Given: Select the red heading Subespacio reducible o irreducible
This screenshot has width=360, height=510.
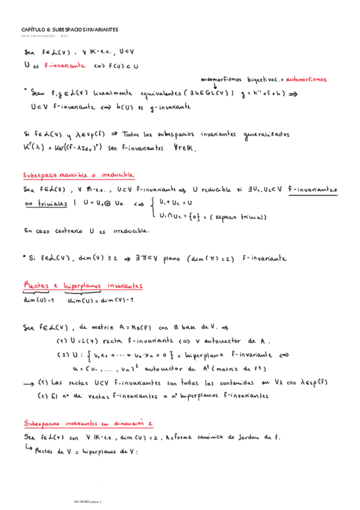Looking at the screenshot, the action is click(x=78, y=174).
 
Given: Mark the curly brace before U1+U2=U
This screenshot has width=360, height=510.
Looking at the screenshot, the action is click(x=154, y=210).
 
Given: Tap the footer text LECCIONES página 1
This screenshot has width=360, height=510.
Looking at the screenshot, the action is click(x=89, y=501).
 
